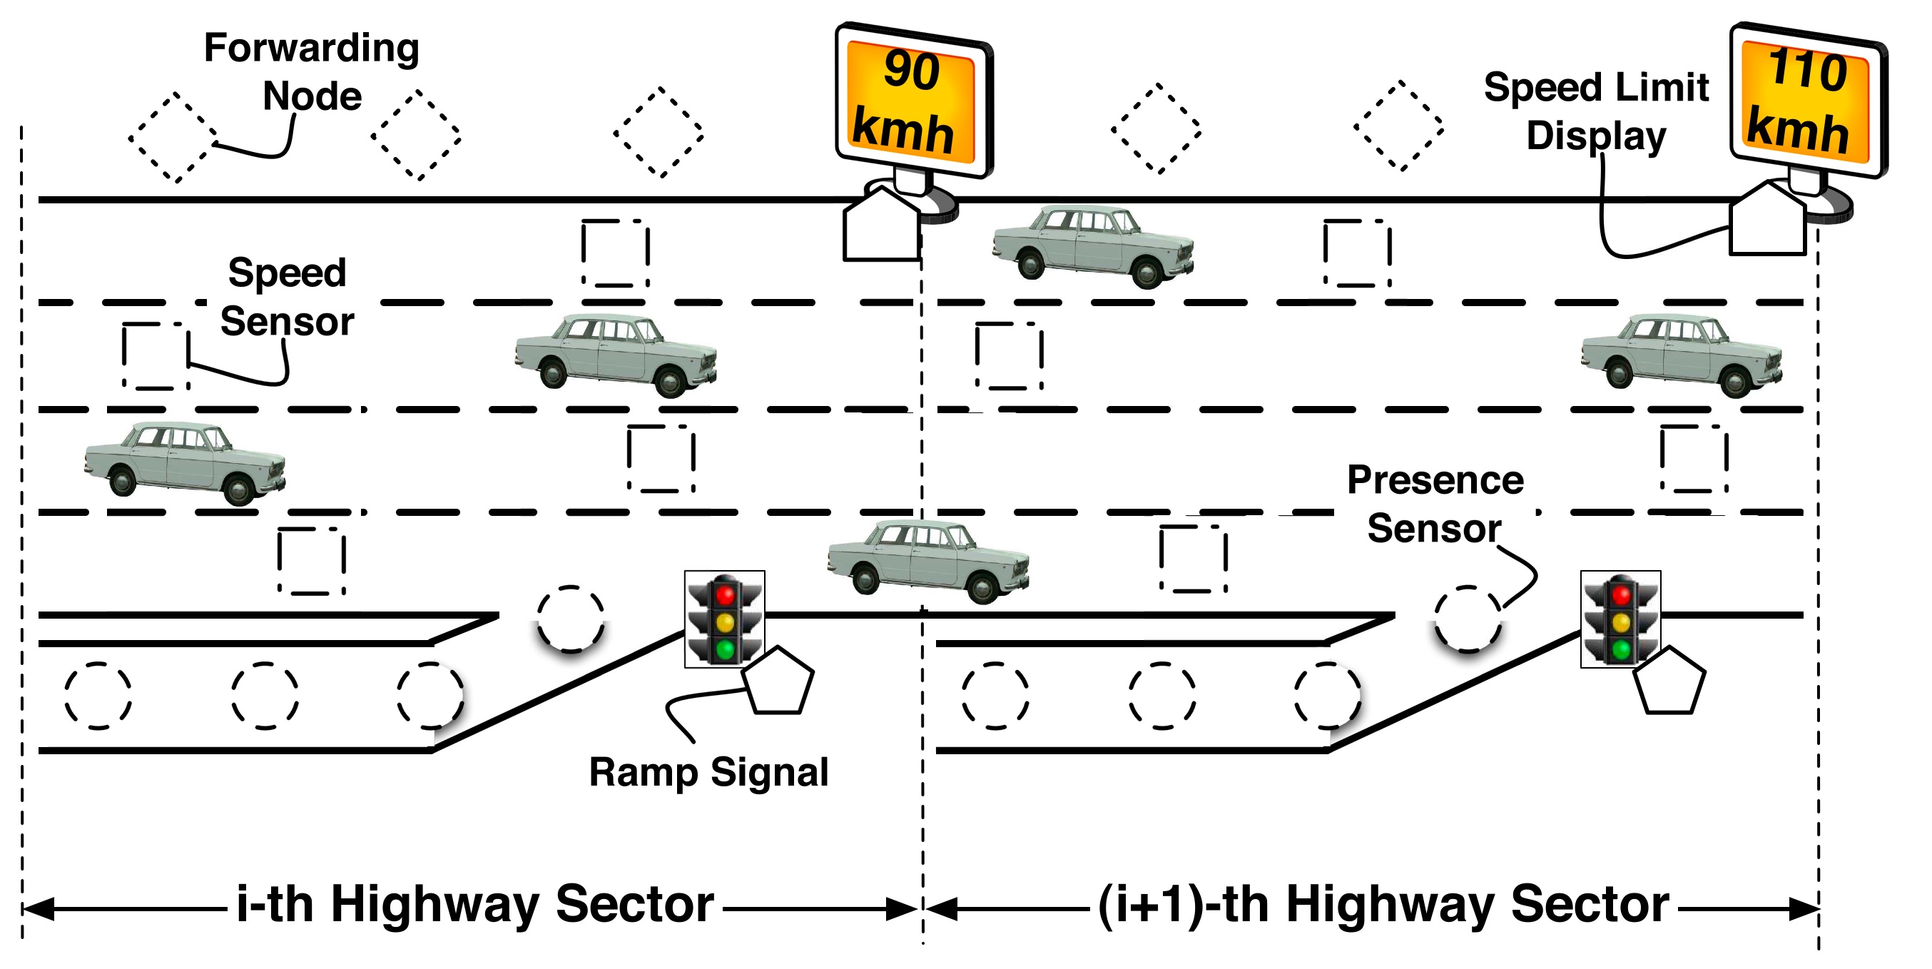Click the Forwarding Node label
(312, 72)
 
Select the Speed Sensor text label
(288, 297)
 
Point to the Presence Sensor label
(1435, 504)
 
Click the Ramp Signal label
(708, 773)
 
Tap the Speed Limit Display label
(1596, 111)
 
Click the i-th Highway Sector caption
(474, 905)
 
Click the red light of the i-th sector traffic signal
(725, 596)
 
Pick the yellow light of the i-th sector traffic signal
(725, 622)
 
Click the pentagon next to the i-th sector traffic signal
(778, 681)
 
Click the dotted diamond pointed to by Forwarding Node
(175, 137)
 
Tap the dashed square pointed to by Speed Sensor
(156, 356)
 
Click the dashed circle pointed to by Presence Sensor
(1467, 619)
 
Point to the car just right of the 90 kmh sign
(1093, 246)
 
